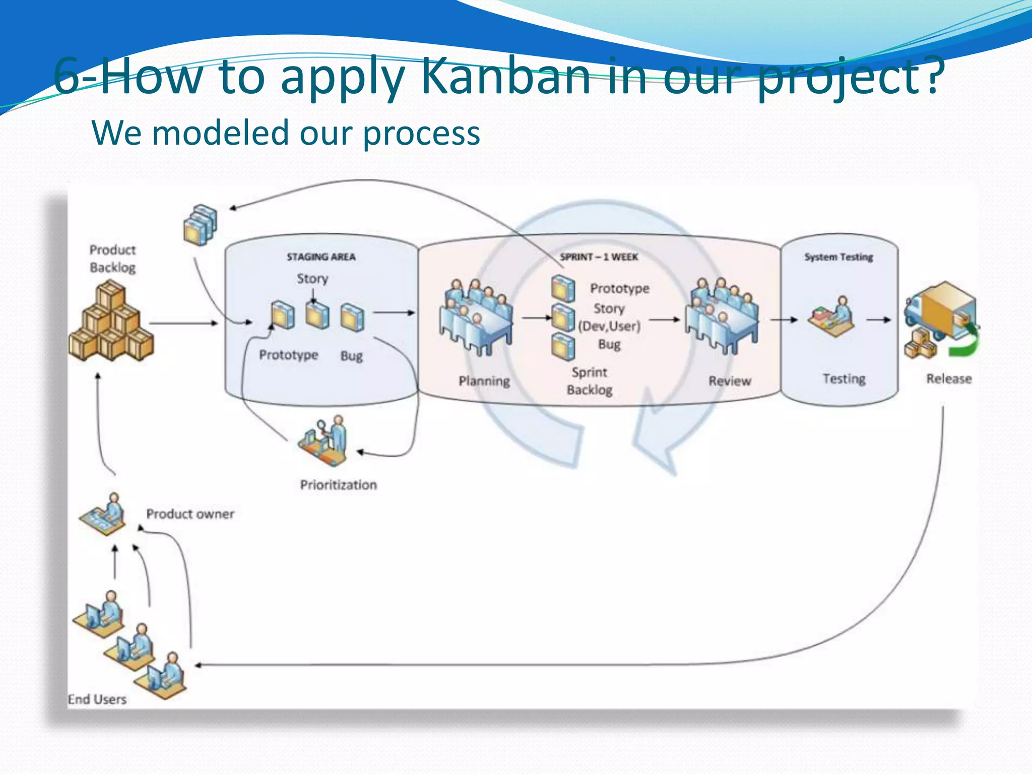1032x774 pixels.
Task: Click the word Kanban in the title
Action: coord(505,77)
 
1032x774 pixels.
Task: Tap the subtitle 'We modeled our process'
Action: coord(286,133)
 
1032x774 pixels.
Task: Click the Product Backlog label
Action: coord(112,259)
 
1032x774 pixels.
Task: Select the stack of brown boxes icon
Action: coord(111,322)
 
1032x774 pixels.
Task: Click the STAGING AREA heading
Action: coord(321,257)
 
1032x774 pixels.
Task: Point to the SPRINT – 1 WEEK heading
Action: coord(599,257)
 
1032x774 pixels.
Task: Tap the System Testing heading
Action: coord(838,257)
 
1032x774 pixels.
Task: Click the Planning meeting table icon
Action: coord(476,317)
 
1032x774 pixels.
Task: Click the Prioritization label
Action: coord(338,485)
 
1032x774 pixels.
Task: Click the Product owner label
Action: coord(190,514)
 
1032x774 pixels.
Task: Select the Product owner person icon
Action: coord(104,514)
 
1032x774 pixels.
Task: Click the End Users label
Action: coord(97,699)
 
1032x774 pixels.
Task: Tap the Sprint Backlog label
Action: coord(589,381)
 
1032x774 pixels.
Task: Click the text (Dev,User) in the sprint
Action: coord(609,326)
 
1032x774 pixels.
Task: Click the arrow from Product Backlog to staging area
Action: coord(183,323)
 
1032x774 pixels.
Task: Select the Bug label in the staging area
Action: coord(351,356)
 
